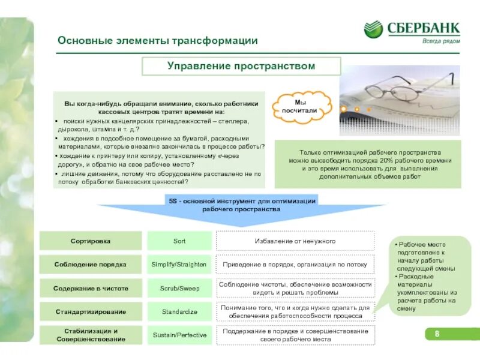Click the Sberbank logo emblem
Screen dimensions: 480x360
(x=373, y=29)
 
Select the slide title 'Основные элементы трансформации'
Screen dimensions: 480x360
(x=158, y=41)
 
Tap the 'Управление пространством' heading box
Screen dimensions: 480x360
(x=241, y=66)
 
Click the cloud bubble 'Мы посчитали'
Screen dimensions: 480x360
(x=302, y=106)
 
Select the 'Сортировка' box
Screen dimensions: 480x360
(x=91, y=241)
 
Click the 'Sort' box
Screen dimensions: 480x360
(x=179, y=241)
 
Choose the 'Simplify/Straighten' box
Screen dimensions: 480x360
(x=179, y=264)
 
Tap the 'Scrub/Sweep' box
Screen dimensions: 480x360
(x=179, y=288)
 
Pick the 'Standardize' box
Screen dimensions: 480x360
(x=179, y=311)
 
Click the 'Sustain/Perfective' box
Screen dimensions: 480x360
(x=179, y=335)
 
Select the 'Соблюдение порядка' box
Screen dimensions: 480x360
(x=91, y=264)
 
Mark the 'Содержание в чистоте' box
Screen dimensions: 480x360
(x=91, y=288)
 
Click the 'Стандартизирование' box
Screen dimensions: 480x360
(x=91, y=311)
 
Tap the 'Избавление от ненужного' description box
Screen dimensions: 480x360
(x=295, y=241)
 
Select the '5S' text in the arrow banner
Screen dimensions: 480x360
(x=172, y=201)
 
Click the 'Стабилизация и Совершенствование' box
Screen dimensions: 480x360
(x=91, y=335)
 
